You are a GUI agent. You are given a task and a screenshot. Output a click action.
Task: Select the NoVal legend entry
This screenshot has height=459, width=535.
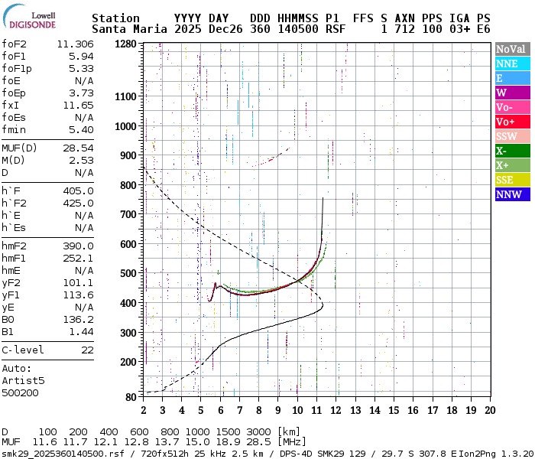click(x=512, y=49)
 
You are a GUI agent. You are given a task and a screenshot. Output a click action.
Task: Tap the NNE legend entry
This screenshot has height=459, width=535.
click(x=512, y=63)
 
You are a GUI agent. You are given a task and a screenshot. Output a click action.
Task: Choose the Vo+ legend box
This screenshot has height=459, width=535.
click(x=512, y=122)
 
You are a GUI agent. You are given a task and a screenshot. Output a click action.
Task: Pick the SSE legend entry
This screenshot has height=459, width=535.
click(x=512, y=180)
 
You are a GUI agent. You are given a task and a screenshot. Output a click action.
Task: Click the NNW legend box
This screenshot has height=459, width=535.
click(x=512, y=194)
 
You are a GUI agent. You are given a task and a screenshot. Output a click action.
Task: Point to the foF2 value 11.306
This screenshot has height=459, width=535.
click(x=75, y=44)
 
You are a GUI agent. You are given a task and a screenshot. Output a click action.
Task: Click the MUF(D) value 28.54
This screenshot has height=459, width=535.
click(x=78, y=147)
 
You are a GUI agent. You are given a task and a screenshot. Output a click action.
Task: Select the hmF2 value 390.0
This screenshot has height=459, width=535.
click(x=78, y=246)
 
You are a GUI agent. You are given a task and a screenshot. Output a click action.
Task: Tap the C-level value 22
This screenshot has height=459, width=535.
click(x=87, y=350)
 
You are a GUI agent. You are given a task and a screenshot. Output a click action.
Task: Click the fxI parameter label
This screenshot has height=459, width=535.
click(x=10, y=106)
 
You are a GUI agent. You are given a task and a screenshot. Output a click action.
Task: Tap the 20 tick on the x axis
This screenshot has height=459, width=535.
click(x=490, y=410)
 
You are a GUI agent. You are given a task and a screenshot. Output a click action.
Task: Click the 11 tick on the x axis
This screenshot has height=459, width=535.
click(x=316, y=410)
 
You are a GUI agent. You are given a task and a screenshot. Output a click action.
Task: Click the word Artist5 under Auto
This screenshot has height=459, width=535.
click(x=23, y=379)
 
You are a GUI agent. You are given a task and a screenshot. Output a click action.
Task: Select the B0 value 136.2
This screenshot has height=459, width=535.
click(x=78, y=319)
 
